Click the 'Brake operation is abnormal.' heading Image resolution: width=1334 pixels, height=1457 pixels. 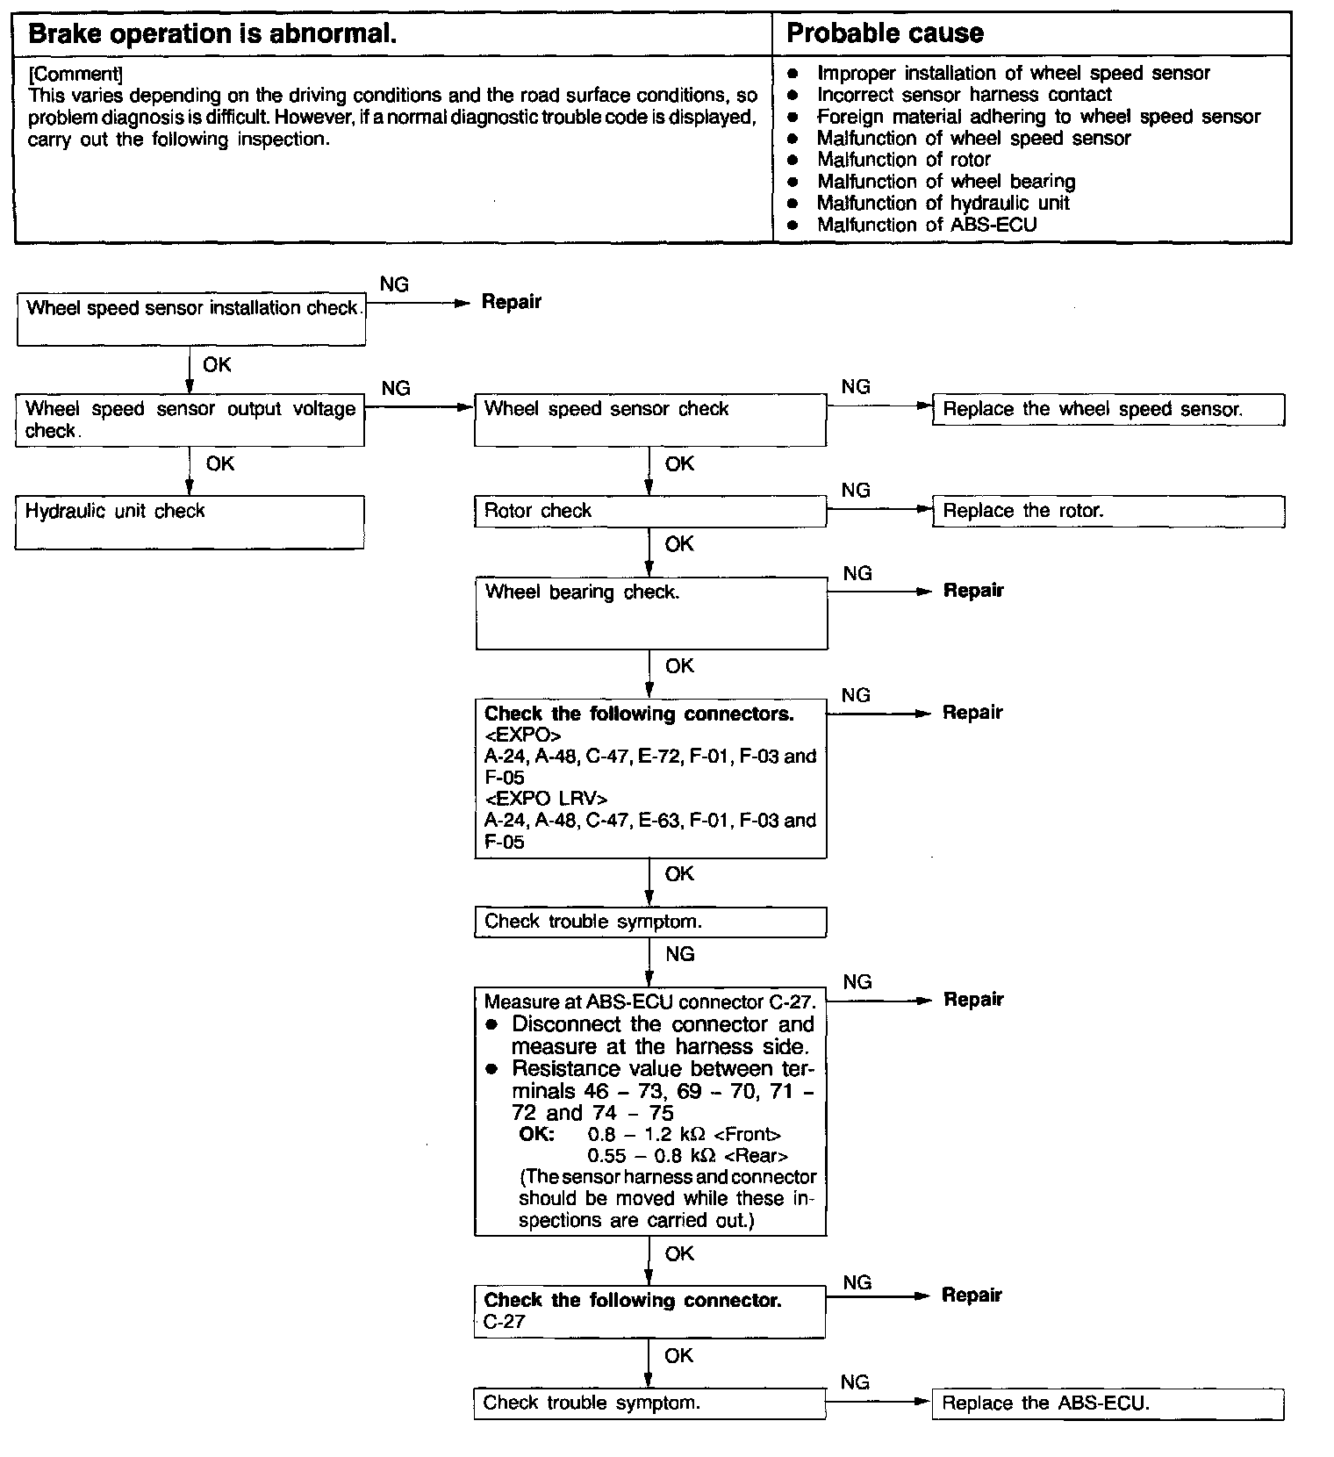[212, 34]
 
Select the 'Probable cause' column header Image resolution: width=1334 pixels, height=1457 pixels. [885, 33]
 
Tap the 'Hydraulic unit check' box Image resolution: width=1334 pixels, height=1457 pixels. [190, 522]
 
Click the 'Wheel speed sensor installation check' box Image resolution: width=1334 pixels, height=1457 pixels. [191, 319]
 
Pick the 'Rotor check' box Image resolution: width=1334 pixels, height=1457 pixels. [649, 512]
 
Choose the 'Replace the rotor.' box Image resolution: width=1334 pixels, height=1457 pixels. [1108, 512]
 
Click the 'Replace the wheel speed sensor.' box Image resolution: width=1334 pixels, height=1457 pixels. [1108, 410]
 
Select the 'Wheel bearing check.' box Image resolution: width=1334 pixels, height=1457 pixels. [651, 613]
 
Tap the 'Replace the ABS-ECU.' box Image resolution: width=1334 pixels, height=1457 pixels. [1108, 1403]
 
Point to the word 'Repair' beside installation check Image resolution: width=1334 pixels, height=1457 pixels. [512, 302]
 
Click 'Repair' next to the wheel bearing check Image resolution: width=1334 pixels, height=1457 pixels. [973, 591]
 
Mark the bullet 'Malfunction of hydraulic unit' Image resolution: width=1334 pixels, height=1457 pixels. [943, 204]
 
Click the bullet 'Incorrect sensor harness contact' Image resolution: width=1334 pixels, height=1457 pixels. [964, 95]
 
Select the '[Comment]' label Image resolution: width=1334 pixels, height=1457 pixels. [75, 74]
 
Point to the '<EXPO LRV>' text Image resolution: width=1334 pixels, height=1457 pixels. [545, 799]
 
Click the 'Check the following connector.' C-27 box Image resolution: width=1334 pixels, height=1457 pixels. [649, 1311]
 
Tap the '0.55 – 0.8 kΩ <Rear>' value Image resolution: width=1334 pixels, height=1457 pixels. [687, 1156]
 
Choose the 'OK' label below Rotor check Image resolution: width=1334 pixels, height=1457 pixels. [679, 544]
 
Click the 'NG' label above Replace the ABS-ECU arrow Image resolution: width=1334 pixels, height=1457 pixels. [855, 1382]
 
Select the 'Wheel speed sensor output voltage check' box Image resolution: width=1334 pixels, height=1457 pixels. [190, 420]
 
